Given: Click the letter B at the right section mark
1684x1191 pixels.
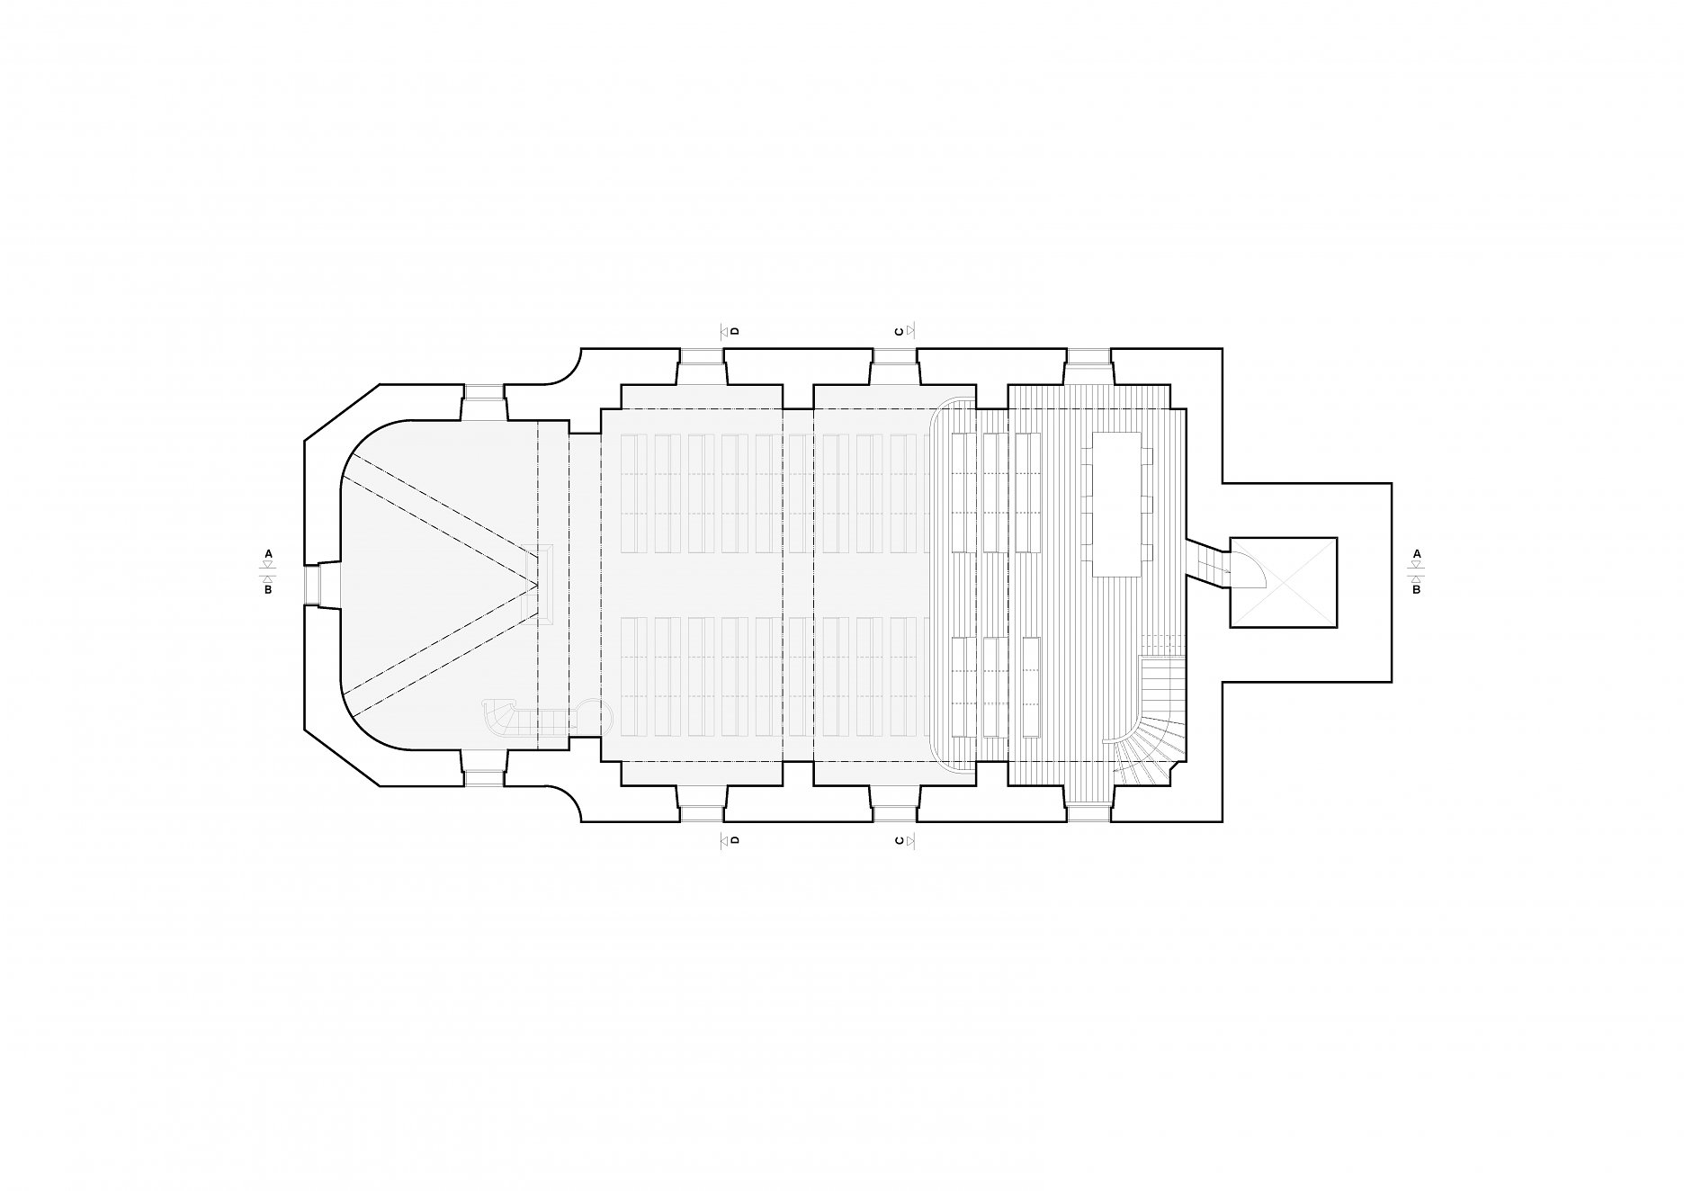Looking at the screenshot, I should click(1417, 590).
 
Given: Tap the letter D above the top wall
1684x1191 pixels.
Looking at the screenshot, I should click(735, 331).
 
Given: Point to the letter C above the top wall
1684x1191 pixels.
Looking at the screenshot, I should click(899, 331).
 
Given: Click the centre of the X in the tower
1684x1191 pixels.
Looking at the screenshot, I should click(1282, 582).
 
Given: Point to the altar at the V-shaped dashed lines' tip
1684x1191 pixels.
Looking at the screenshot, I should click(545, 584).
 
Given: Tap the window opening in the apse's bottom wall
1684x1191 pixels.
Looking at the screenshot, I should click(483, 769).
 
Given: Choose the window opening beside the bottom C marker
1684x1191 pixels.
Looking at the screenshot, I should click(894, 803).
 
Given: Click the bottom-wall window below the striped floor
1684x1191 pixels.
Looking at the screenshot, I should click(1088, 803).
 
